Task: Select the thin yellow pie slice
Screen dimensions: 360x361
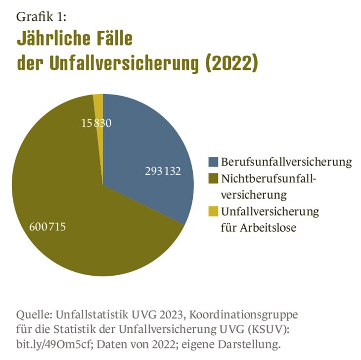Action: [98, 104]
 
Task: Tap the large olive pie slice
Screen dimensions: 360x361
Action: [74, 208]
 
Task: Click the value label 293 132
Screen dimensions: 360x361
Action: [163, 171]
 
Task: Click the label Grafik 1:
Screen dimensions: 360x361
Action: [41, 17]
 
